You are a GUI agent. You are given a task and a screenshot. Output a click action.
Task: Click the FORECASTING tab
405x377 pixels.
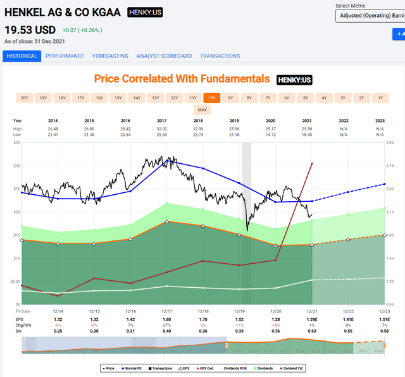pos(110,56)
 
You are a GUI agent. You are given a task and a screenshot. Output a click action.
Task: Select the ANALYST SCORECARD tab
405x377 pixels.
pos(164,56)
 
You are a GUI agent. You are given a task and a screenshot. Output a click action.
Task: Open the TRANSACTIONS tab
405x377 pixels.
pos(220,56)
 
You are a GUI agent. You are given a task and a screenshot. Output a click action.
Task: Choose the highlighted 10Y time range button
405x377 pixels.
pos(211,98)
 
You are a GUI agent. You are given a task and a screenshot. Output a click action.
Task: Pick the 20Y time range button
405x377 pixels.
pos(25,98)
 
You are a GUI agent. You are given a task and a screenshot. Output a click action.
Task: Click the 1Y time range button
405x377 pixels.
pos(380,98)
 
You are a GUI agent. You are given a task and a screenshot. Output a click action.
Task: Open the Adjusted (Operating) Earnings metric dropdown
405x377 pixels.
pos(370,15)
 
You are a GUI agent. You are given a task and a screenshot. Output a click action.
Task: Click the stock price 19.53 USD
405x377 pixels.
pos(30,30)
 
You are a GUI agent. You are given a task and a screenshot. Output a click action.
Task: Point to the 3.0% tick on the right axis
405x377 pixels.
pos(391,143)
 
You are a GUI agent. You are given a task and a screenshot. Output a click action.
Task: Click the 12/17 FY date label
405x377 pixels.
pos(167,312)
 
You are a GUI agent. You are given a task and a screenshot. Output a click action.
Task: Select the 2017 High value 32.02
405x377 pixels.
pos(167,128)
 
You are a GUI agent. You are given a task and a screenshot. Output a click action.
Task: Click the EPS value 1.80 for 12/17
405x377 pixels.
pos(167,320)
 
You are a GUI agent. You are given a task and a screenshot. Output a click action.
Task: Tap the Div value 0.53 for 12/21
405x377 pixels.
pos(312,330)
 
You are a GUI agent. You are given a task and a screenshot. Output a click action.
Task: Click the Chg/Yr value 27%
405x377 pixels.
pos(167,325)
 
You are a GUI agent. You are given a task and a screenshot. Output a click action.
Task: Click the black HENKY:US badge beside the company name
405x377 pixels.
pos(144,12)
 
